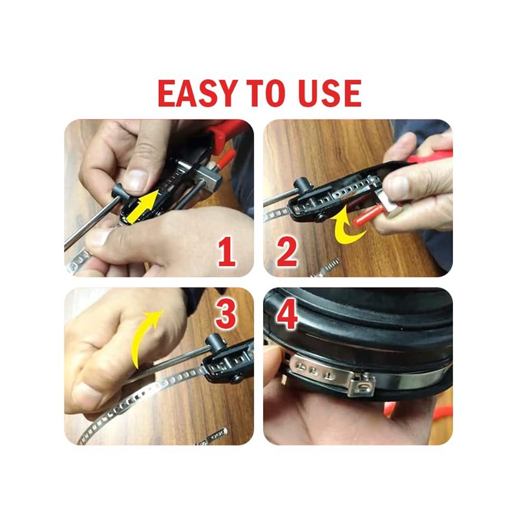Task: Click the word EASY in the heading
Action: (198, 93)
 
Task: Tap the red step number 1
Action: (227, 253)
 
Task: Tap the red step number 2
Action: (287, 253)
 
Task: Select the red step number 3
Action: (226, 315)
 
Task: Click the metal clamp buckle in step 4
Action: (363, 384)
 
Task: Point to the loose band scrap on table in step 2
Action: (326, 268)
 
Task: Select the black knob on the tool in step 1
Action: (120, 191)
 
